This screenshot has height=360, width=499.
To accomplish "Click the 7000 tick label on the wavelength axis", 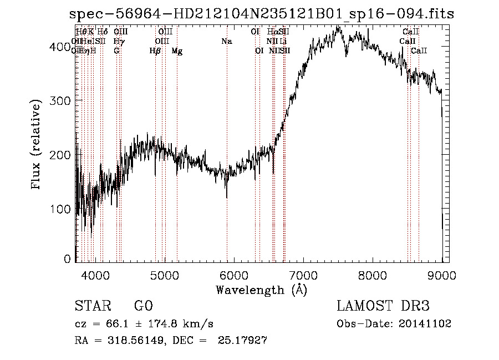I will click(303, 274).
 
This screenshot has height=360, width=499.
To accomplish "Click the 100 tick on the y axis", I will click(62, 209).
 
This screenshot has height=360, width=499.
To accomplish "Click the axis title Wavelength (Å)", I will click(261, 290).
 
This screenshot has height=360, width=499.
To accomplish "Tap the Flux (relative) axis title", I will click(37, 145).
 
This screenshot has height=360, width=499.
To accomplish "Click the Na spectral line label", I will click(226, 41).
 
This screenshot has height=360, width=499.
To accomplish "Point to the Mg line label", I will click(177, 51).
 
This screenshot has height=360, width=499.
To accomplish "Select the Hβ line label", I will click(155, 51).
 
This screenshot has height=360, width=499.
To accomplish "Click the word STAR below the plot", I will click(91, 306).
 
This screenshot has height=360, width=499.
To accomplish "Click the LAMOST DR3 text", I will click(383, 306).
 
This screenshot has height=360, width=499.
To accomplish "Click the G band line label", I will click(116, 51).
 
